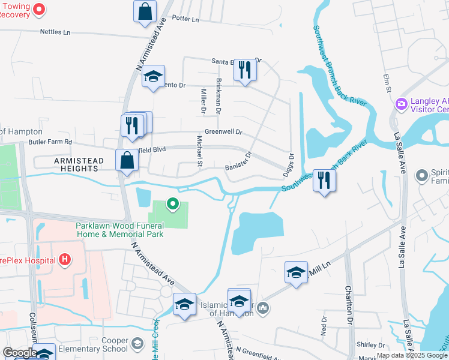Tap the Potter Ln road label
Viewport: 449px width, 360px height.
[185, 19]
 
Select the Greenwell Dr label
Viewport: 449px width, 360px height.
[223, 131]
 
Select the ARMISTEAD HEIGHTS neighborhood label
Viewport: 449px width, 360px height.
[79, 161]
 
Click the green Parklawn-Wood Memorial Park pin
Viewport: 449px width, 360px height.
[173, 205]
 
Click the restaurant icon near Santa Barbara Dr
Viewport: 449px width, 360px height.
[244, 69]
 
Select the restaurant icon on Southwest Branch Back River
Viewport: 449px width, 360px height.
[324, 179]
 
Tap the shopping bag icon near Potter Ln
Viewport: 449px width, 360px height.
[145, 10]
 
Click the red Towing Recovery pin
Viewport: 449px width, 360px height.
[40, 8]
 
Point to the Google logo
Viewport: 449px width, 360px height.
[20, 353]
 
